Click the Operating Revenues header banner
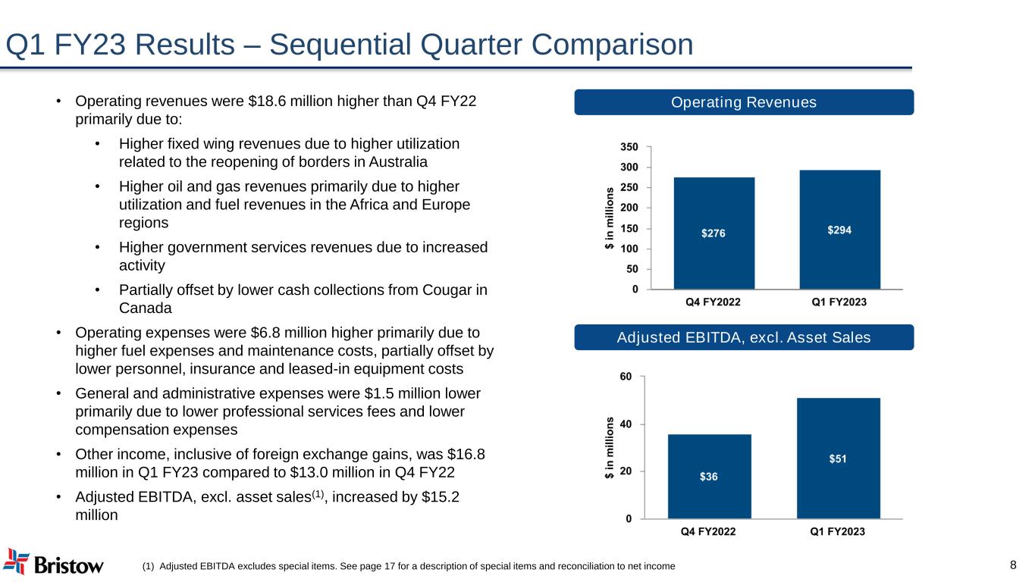click(x=744, y=102)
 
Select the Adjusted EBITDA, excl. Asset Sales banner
click(x=744, y=337)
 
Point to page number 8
click(x=1014, y=565)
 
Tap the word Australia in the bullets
click(x=398, y=162)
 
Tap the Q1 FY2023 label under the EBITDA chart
click(x=838, y=532)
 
